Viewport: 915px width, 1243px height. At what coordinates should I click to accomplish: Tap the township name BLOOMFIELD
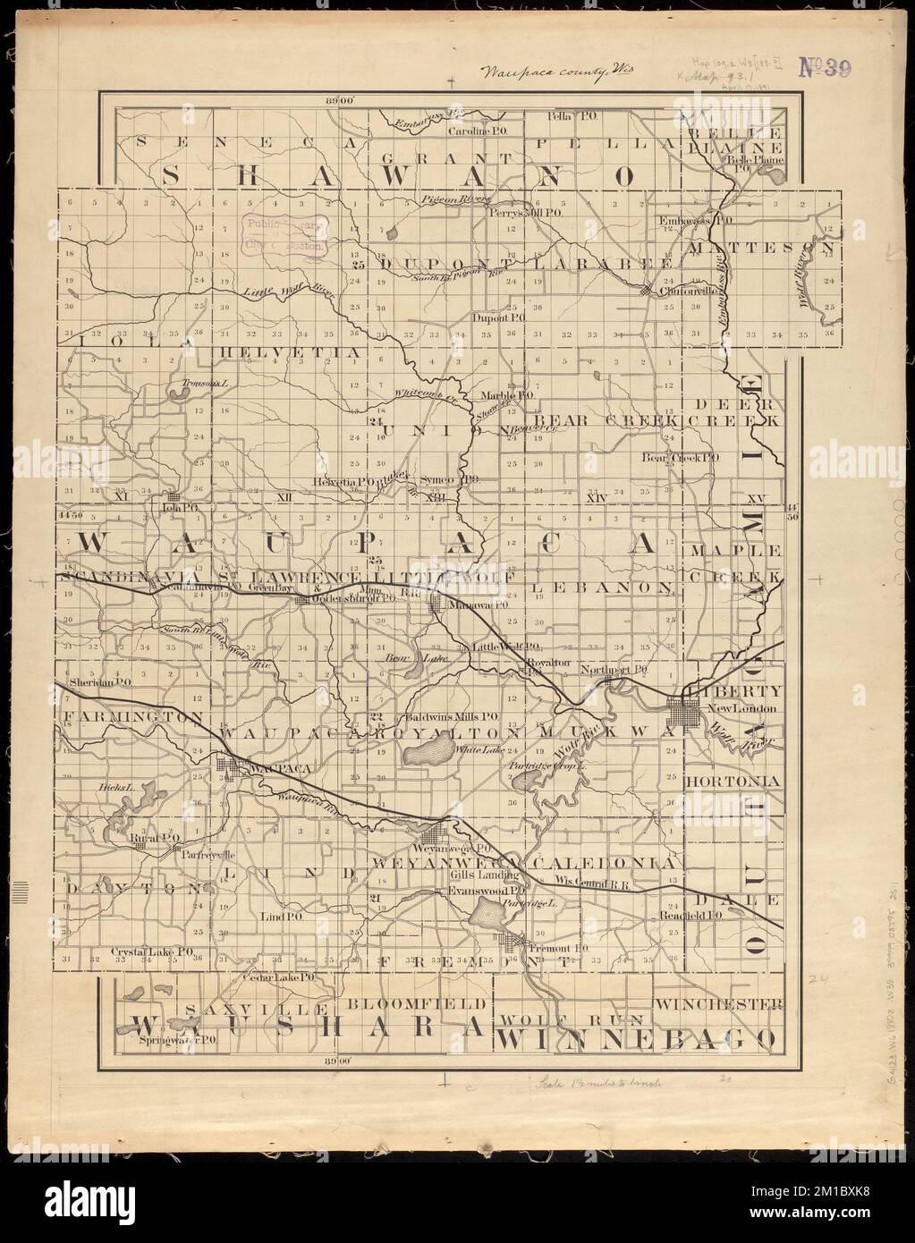[x=419, y=1002]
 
